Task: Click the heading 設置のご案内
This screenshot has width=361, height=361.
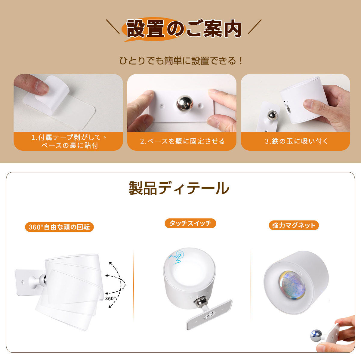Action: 184,29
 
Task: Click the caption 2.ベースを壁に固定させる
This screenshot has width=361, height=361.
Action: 183,141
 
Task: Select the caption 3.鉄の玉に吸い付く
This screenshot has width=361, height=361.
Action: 296,141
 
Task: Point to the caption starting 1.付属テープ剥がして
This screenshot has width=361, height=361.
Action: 69,141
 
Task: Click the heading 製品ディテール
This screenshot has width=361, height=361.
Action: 179,188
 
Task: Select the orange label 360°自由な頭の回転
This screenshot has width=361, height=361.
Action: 59,227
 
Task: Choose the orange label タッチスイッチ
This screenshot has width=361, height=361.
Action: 190,223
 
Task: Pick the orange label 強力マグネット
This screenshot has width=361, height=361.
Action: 294,225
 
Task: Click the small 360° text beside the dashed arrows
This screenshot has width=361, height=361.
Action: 110,298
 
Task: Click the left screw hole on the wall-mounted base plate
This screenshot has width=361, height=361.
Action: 162,106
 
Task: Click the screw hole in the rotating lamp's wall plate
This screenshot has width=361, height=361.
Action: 23,282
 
